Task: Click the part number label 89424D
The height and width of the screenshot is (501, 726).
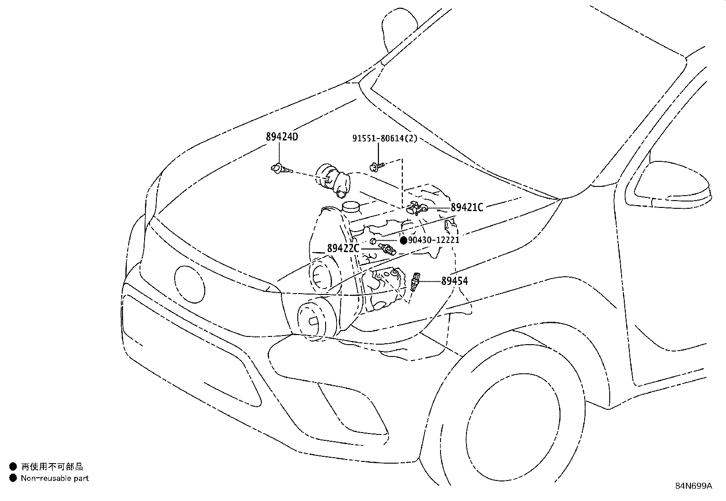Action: (x=281, y=136)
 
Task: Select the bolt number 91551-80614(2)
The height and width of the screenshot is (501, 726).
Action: (x=384, y=139)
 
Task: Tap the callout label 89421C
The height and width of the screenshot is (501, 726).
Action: (x=467, y=207)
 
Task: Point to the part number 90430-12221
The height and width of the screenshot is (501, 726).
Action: (x=433, y=240)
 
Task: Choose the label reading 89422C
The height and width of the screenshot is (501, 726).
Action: (x=343, y=248)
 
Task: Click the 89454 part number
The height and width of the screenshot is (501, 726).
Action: (x=454, y=281)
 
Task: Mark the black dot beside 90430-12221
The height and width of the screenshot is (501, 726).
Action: (x=403, y=240)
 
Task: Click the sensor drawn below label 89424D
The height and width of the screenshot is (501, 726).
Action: (x=279, y=170)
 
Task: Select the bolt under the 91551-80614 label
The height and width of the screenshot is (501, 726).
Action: (x=377, y=166)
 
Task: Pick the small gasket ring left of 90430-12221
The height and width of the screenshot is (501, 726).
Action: (x=373, y=241)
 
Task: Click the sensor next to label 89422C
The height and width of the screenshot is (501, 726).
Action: (x=388, y=249)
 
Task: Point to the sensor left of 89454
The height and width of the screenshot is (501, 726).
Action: (x=415, y=281)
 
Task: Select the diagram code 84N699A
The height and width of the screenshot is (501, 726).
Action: (x=693, y=486)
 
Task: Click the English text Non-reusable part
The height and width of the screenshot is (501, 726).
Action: (x=55, y=478)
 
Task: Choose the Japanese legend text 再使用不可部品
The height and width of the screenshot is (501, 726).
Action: (x=52, y=466)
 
